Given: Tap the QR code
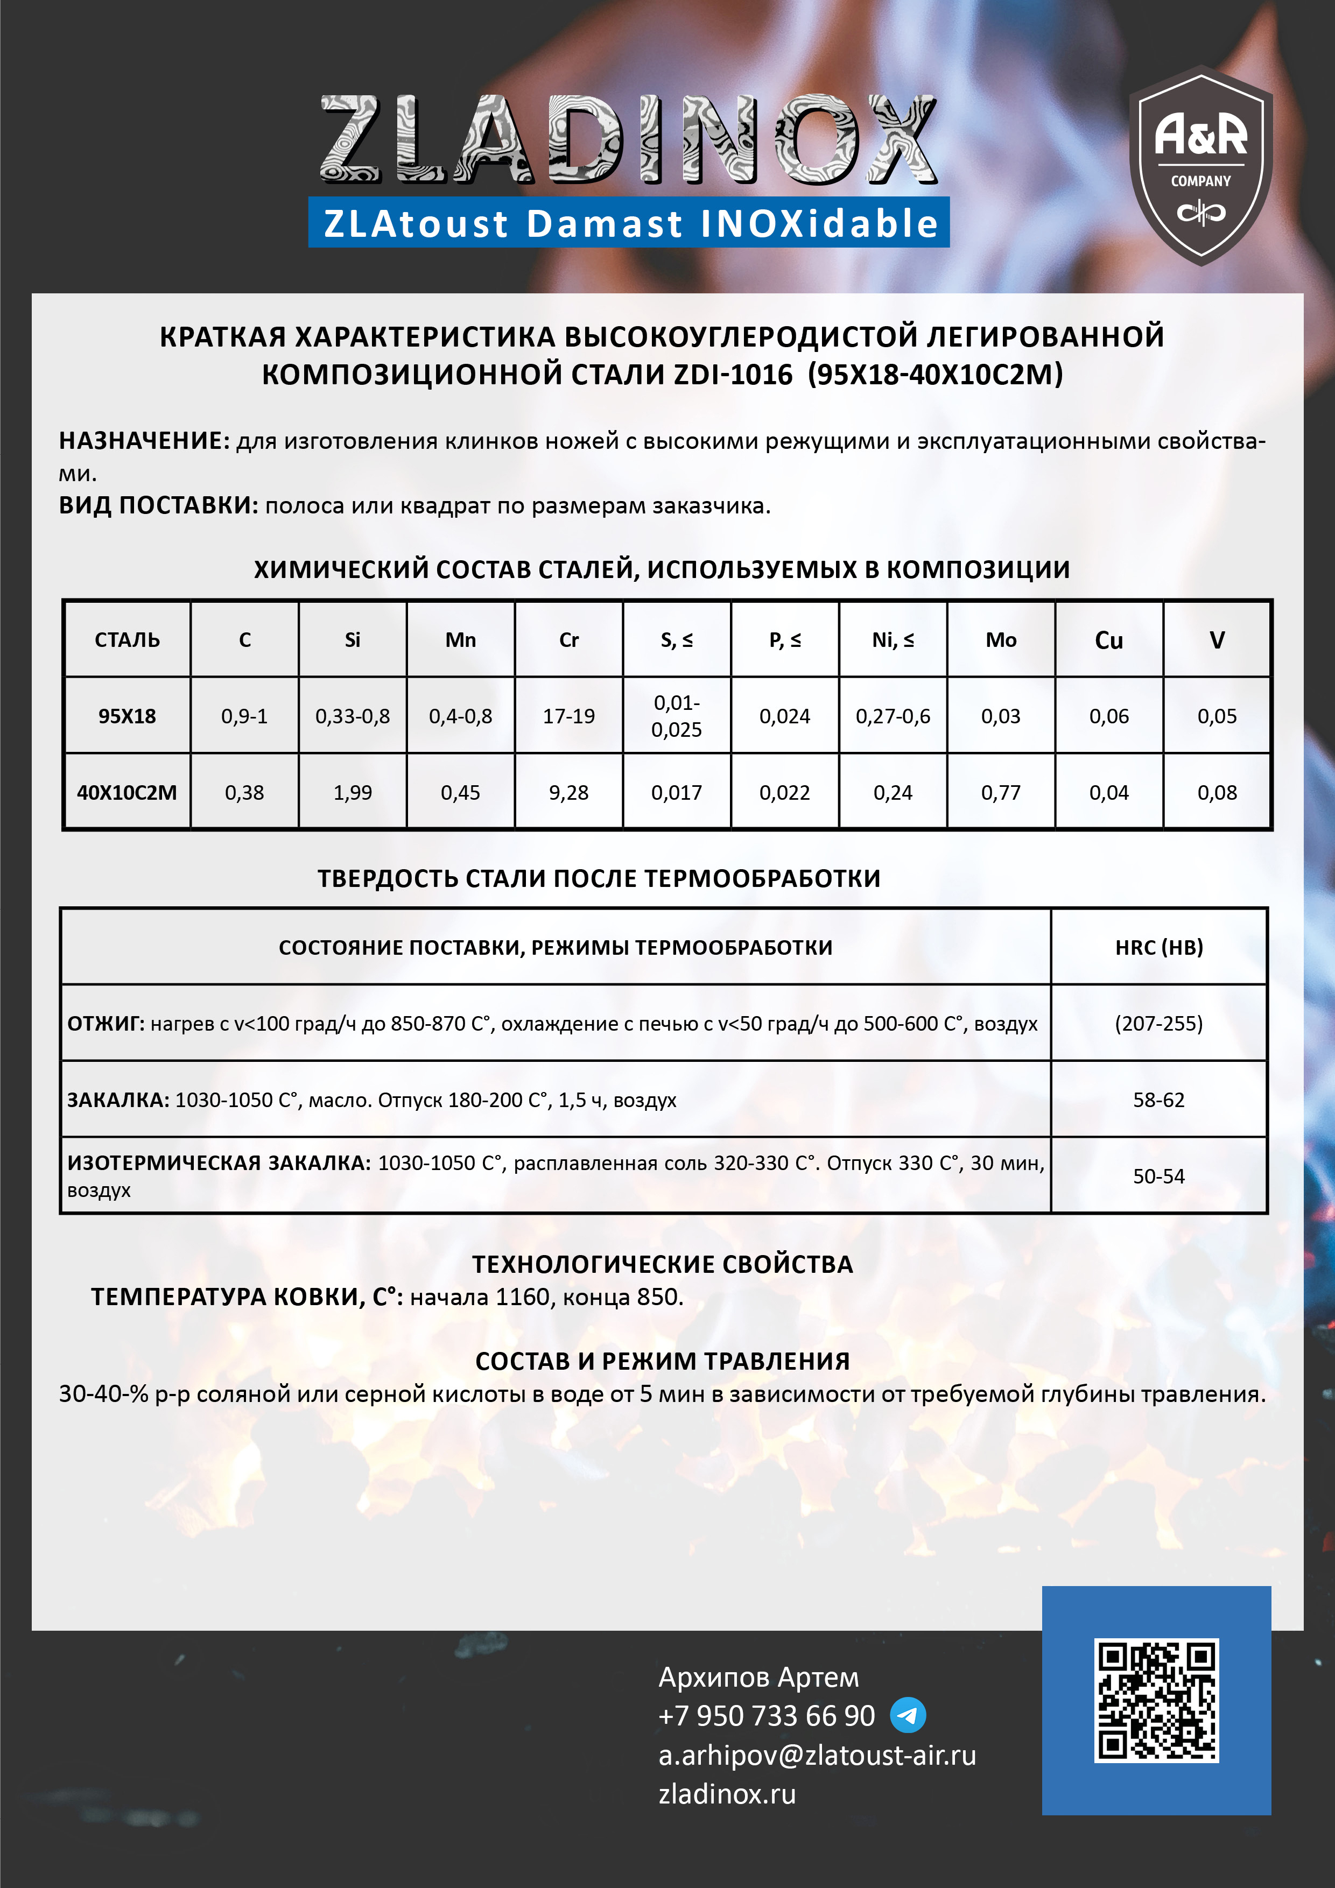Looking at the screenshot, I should click(1156, 1701).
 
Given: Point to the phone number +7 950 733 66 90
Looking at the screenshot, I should click(767, 1716).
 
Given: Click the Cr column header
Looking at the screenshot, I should click(568, 640).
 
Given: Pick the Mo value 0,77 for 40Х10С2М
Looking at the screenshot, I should click(1000, 793).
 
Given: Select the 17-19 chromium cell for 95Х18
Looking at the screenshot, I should click(568, 716).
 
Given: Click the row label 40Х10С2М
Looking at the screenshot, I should click(127, 793).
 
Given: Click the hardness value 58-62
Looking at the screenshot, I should click(1158, 1100).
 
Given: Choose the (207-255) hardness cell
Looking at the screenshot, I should click(1158, 1024).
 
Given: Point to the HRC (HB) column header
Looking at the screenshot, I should click(1158, 947).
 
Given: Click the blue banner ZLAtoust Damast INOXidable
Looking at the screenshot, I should click(629, 223).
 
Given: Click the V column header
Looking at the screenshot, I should click(1217, 640).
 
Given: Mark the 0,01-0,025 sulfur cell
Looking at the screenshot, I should click(676, 716).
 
